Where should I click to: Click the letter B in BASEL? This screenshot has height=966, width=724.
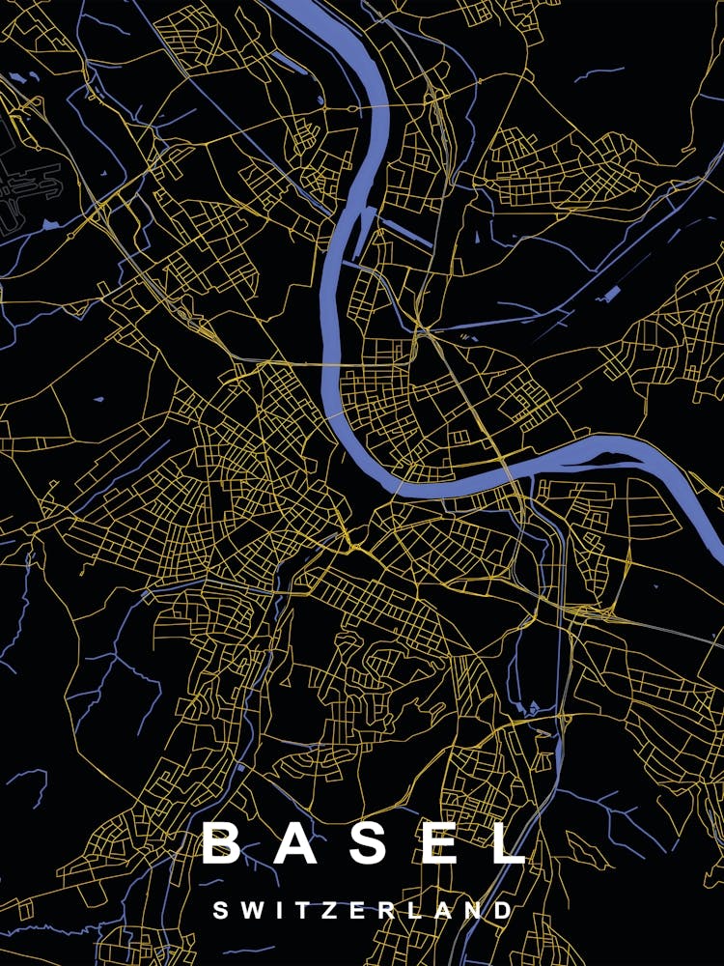coord(221,842)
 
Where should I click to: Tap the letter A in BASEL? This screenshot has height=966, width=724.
coord(296,842)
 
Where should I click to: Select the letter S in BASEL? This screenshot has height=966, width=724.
coord(369,842)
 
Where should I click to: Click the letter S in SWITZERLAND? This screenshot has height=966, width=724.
coord(220,910)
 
